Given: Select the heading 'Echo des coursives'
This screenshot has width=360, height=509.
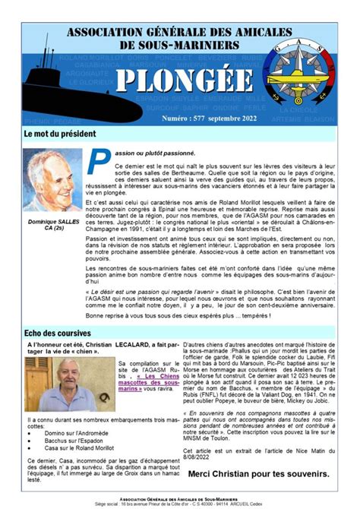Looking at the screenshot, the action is (x=57, y=333).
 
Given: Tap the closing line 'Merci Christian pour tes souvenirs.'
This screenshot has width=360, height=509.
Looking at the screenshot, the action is (x=258, y=473).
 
